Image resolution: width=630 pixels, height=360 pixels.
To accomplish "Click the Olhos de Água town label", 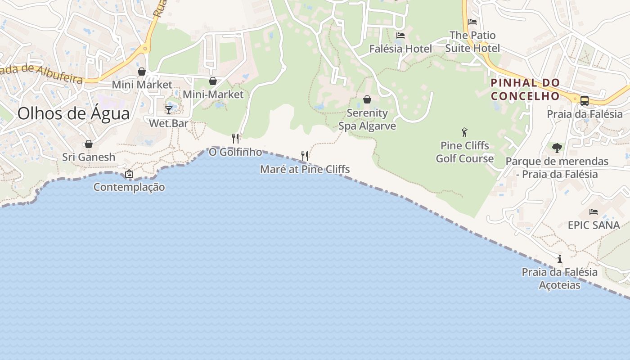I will click(x=73, y=113).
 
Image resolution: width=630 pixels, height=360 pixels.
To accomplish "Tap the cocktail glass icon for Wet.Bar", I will click(x=169, y=110).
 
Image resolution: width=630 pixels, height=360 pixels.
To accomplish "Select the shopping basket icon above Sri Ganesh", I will click(x=89, y=144).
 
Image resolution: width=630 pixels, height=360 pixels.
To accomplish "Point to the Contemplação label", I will click(x=129, y=187).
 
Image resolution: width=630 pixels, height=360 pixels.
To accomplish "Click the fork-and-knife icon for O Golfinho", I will click(x=235, y=138).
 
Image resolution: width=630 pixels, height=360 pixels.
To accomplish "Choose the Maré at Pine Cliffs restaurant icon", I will click(x=305, y=156).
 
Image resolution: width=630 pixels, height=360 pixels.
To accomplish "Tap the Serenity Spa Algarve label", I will click(x=367, y=119).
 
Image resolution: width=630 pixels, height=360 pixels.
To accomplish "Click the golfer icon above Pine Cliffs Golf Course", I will click(x=465, y=132).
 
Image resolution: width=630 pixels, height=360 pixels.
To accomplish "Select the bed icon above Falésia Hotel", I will click(x=400, y=36).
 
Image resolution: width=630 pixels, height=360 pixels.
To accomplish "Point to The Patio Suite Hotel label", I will click(x=472, y=41).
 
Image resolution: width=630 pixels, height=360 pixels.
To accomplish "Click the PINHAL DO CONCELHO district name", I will click(x=525, y=89).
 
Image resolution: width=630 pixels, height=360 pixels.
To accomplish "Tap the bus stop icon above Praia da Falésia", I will click(x=585, y=101).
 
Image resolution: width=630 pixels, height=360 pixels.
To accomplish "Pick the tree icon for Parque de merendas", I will click(x=557, y=148).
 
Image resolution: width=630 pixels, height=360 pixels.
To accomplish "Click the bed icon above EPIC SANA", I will click(x=594, y=211).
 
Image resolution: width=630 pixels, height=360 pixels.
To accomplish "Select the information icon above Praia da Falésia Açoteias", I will click(x=560, y=259).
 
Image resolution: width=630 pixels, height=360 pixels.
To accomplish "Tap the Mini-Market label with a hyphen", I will click(x=213, y=94).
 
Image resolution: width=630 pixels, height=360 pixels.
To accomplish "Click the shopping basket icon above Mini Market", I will click(x=142, y=72).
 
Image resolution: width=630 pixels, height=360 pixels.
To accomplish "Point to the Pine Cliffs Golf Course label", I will click(x=465, y=152).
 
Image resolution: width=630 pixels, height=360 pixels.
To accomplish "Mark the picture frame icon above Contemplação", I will click(x=129, y=174).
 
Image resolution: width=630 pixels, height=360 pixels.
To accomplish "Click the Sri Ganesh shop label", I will click(x=89, y=157).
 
